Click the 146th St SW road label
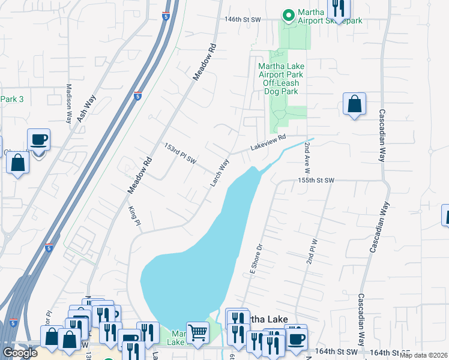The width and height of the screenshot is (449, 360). [x=243, y=19]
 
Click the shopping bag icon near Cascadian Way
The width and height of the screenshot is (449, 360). [x=354, y=104]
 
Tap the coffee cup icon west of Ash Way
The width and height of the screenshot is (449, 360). [x=39, y=140]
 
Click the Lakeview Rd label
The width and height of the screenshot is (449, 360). [x=268, y=145]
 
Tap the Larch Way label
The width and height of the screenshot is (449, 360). [x=220, y=172]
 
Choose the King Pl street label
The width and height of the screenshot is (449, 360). [x=134, y=215]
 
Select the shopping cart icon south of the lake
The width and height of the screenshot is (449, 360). [x=197, y=331]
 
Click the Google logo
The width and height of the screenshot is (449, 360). [x=20, y=353]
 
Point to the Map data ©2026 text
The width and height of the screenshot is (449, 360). [x=424, y=355]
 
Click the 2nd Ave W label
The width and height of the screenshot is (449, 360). [x=307, y=155]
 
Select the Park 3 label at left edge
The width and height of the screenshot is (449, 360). [x=12, y=99]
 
